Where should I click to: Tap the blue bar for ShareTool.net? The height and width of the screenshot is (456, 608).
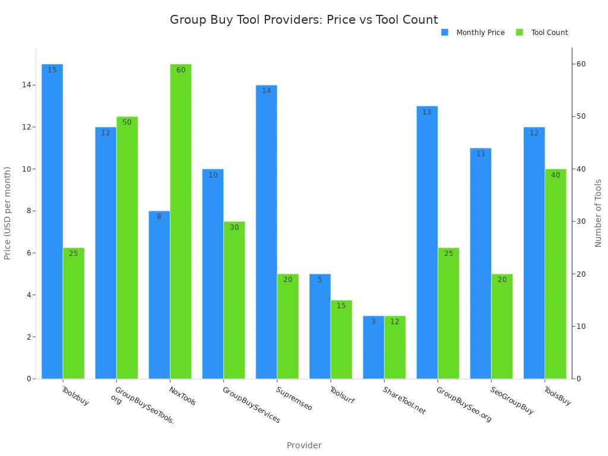[x=373, y=347]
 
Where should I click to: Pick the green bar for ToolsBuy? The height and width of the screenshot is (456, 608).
[x=555, y=274]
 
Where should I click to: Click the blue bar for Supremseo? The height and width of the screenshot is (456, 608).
[x=266, y=232]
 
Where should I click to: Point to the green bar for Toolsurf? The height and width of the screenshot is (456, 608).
[x=341, y=339]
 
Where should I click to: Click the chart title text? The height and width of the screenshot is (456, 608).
[x=304, y=20]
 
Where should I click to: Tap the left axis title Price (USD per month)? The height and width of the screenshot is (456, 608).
[x=8, y=213]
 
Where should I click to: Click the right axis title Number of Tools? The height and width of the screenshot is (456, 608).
[x=598, y=213]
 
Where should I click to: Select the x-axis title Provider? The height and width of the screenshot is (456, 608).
[x=304, y=445]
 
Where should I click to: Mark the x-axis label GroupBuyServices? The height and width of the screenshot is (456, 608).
[x=251, y=405]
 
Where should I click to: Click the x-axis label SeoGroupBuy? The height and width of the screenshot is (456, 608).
[x=512, y=401]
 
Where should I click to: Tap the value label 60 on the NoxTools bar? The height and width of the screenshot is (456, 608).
[x=180, y=70]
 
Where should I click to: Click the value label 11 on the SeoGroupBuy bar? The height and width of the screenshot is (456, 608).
[x=480, y=154]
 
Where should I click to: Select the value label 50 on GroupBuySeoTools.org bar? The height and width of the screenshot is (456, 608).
[x=127, y=122]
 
